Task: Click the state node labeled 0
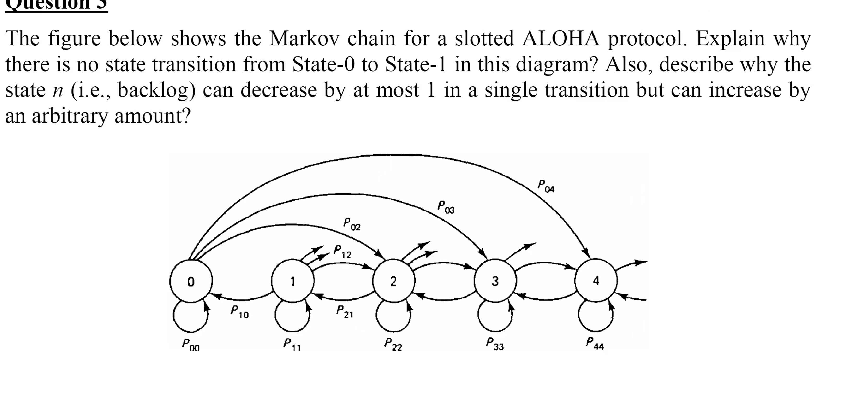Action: pyautogui.click(x=191, y=281)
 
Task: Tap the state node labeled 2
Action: pyautogui.click(x=393, y=281)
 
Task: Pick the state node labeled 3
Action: pyautogui.click(x=495, y=281)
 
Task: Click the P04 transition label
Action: pyautogui.click(x=546, y=186)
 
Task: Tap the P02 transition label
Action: pyautogui.click(x=352, y=224)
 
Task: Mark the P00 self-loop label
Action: pyautogui.click(x=191, y=345)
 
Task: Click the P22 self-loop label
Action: pyautogui.click(x=393, y=345)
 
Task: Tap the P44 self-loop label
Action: pyautogui.click(x=595, y=344)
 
